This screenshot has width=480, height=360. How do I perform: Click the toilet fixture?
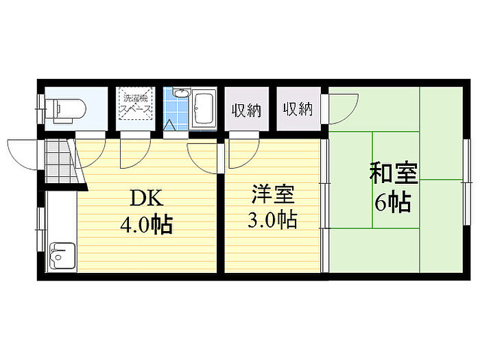pos(66,109)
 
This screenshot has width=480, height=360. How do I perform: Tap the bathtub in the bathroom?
pos(204,108)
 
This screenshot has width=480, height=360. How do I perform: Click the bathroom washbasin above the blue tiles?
pos(181,93)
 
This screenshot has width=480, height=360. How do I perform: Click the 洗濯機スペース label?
pos(135,104)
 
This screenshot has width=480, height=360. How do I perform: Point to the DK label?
pos(147,198)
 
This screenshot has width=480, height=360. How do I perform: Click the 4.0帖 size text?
pos(146,225)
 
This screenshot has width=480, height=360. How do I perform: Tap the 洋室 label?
pos(273,194)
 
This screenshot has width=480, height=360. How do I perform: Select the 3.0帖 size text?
pos(272,219)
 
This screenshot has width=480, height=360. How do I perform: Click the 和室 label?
pos(394,173)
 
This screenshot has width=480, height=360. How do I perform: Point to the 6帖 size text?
pos(393,202)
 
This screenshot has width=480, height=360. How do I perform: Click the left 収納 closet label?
pos(246,111)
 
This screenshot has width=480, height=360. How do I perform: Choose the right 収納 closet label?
pos(298,109)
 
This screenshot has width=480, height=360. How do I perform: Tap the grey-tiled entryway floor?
pos(60,162)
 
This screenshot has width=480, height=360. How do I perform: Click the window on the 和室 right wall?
pos(466,182)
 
